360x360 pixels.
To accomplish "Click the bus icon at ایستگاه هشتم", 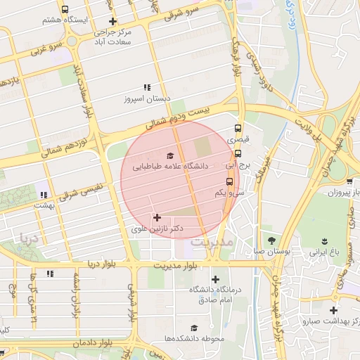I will point(65,10).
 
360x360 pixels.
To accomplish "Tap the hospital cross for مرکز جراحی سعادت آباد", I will point(112,22).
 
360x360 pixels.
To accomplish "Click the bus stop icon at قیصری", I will point(238,129).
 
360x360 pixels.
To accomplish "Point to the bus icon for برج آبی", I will point(238,153).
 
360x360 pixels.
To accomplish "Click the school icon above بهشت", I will point(44,194).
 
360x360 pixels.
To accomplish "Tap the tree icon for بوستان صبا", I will point(271,240).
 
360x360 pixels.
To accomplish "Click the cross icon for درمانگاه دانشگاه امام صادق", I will point(214,280).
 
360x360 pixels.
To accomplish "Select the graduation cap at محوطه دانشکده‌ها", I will point(194,328).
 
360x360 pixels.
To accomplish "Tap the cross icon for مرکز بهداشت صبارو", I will point(333,310).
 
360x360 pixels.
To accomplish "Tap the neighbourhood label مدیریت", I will point(212,243).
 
